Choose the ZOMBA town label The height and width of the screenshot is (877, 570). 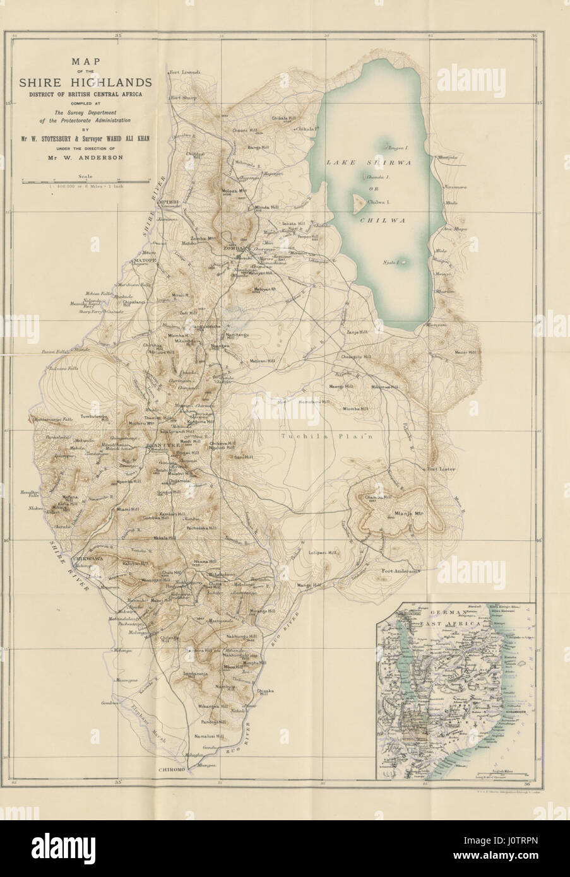click(x=234, y=249)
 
